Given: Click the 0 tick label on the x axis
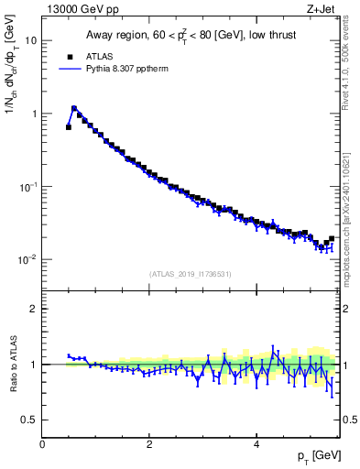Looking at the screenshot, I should coord(42,444).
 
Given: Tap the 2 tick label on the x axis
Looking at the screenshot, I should coord(149,444).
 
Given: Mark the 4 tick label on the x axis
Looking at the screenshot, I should coord(256,444).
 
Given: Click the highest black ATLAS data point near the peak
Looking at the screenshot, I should coord(74,109).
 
